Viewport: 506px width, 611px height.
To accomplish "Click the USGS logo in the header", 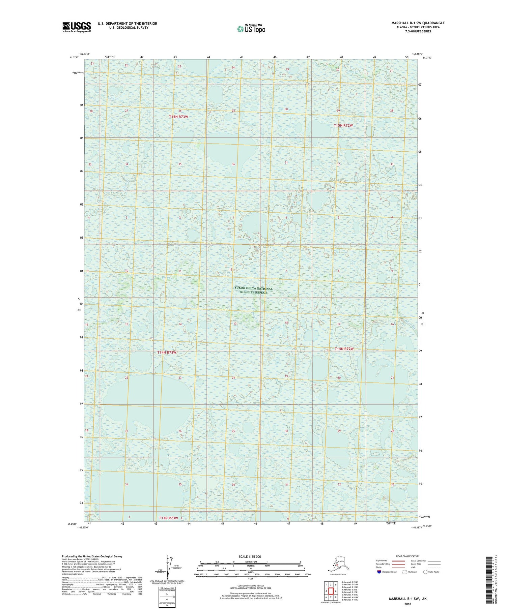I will coord(77,27).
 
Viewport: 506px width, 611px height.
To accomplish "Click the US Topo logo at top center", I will coord(251,29).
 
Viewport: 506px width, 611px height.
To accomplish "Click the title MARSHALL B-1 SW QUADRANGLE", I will coord(418,23).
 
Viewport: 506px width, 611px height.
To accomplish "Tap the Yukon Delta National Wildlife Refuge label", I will coord(253,291).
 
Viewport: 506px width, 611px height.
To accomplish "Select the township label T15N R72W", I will coord(343,125).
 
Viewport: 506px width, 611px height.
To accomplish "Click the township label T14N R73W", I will coord(167,353).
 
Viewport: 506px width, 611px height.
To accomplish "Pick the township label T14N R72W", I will coord(344,349).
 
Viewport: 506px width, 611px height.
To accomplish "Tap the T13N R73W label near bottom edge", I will coord(168,518).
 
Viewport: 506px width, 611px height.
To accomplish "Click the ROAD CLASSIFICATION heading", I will coord(408,556).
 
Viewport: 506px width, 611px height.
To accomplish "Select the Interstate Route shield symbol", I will coord(379,572).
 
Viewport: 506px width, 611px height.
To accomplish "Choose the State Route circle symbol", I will coord(425,572).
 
